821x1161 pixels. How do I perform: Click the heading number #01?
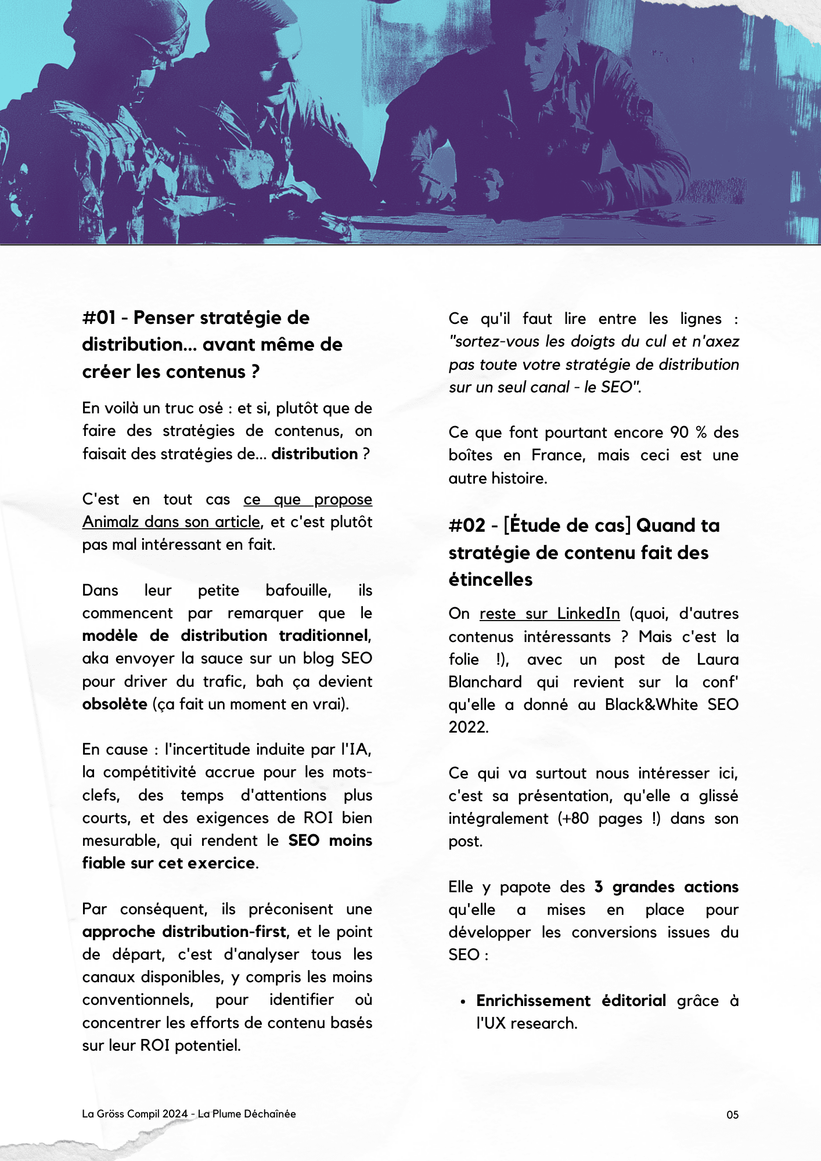(x=99, y=318)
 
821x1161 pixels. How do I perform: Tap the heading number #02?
(x=466, y=526)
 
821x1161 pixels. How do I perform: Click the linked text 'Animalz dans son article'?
(x=171, y=522)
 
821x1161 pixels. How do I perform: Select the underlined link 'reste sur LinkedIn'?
(x=549, y=614)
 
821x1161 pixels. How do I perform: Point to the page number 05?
(x=732, y=1115)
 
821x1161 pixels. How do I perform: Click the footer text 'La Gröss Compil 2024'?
(x=135, y=1113)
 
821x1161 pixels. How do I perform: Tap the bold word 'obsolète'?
(x=114, y=704)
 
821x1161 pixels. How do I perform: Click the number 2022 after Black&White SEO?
(x=467, y=727)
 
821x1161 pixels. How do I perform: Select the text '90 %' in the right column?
(x=688, y=432)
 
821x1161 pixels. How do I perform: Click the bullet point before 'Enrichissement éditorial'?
(x=463, y=1001)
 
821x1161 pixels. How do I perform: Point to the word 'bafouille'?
(x=297, y=590)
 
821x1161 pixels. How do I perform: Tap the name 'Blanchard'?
(x=485, y=682)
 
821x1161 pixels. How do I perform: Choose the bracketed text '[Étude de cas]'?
(x=567, y=526)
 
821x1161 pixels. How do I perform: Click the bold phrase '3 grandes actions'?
(x=666, y=887)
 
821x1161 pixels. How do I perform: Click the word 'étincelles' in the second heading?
(x=490, y=579)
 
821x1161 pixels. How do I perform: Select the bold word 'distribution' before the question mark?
(x=314, y=454)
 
